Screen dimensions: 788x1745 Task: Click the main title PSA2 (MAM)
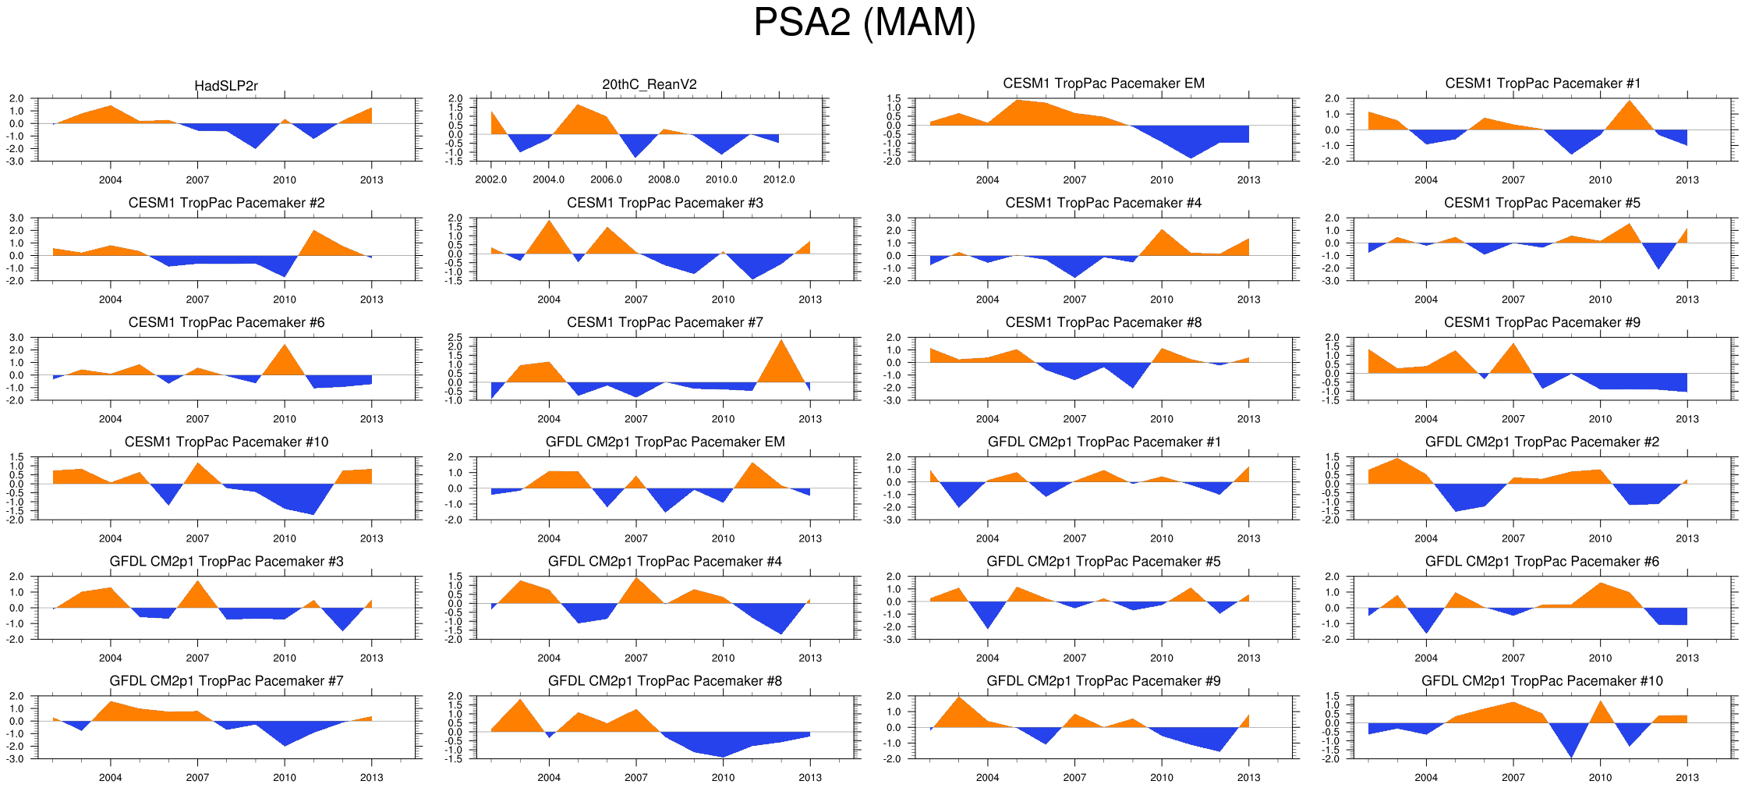point(864,23)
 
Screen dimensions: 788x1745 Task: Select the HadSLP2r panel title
point(226,86)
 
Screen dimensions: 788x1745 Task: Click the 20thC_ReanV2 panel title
point(650,84)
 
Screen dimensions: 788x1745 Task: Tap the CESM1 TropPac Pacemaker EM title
point(1103,83)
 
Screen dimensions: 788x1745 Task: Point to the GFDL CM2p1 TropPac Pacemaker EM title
point(665,442)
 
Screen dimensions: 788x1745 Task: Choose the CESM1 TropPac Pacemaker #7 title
point(665,322)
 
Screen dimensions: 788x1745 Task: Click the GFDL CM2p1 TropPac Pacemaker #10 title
point(1541,681)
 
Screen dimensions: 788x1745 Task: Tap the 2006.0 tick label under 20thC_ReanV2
point(606,179)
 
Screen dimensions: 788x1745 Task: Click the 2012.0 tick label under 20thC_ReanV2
point(779,179)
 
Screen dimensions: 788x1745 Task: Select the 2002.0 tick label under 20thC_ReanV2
point(490,179)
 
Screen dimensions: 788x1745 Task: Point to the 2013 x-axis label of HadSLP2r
point(371,179)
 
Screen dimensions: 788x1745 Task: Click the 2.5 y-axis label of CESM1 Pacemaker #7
point(455,338)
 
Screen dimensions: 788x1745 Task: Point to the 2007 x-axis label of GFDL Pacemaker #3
point(197,658)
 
